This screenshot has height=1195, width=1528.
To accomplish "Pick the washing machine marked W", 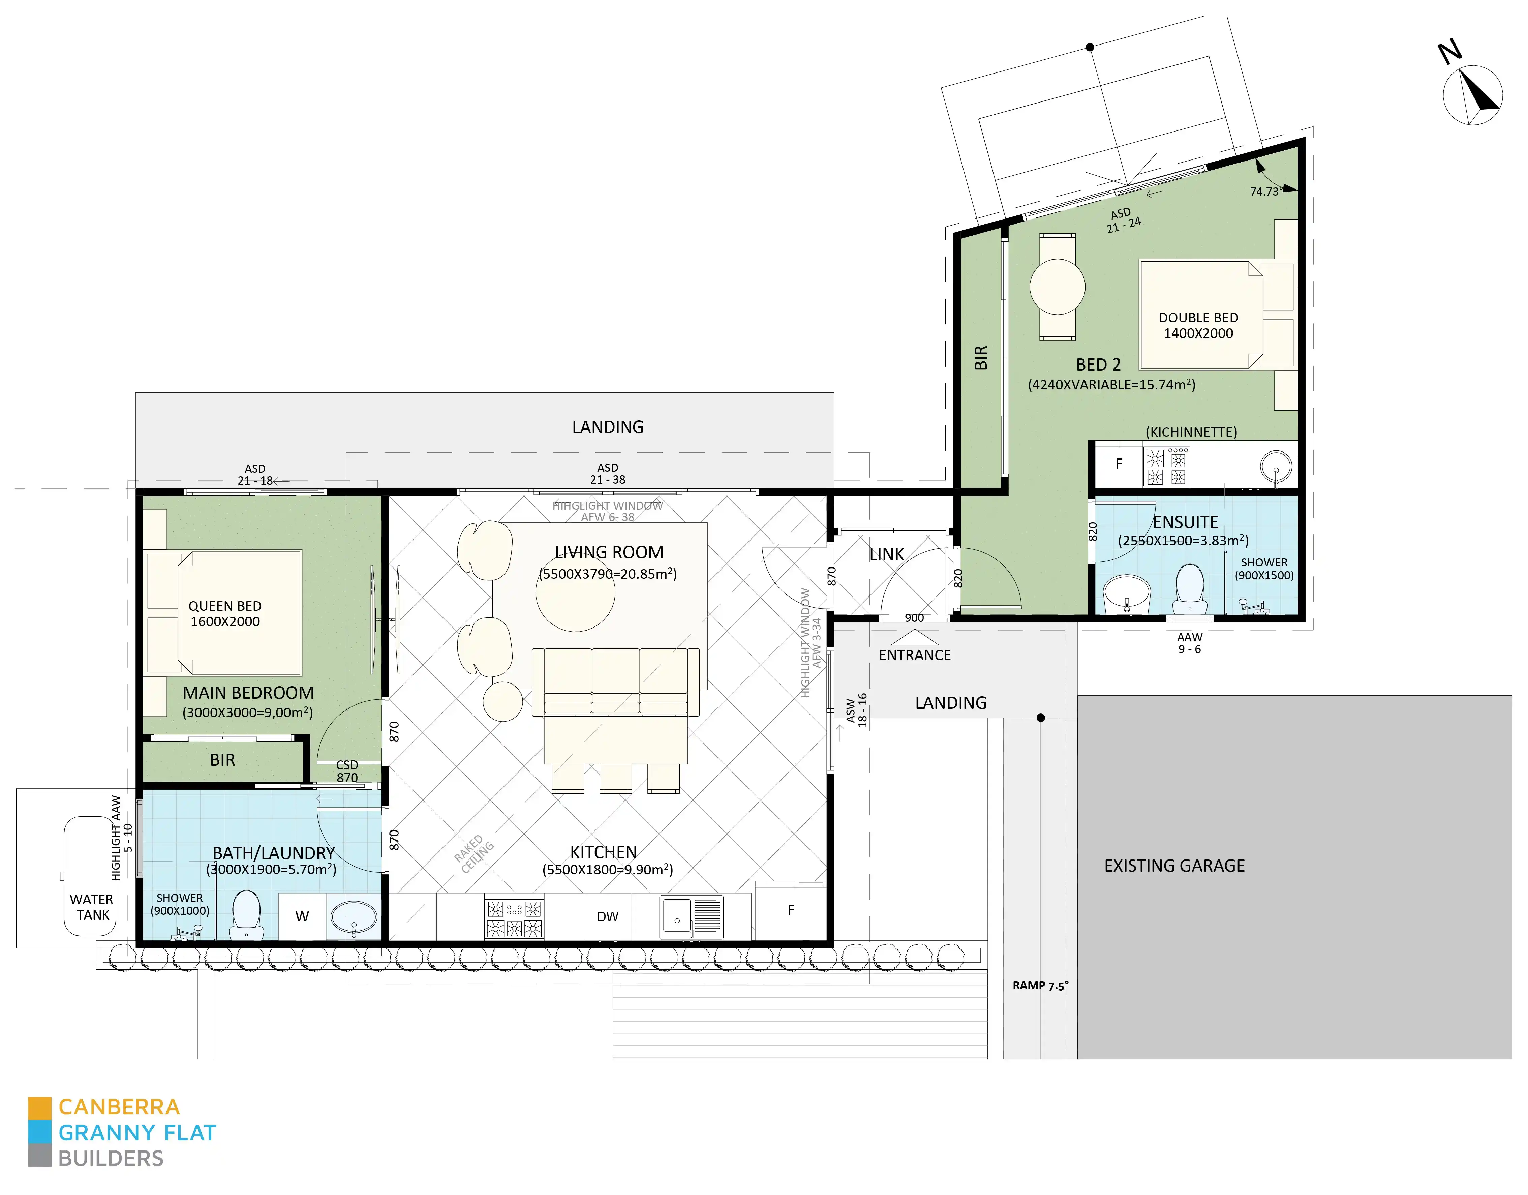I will click(302, 916).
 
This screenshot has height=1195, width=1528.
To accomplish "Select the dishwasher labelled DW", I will click(607, 916).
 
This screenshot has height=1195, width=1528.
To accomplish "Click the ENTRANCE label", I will click(914, 655).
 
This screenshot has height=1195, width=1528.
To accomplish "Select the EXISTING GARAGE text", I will click(1174, 866).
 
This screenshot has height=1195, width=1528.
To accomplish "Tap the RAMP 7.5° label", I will click(1040, 986).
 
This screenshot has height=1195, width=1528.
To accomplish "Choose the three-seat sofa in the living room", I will click(616, 681).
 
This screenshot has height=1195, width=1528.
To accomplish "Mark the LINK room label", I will click(886, 554).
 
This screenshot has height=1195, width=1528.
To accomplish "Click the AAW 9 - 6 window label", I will click(1189, 643).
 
